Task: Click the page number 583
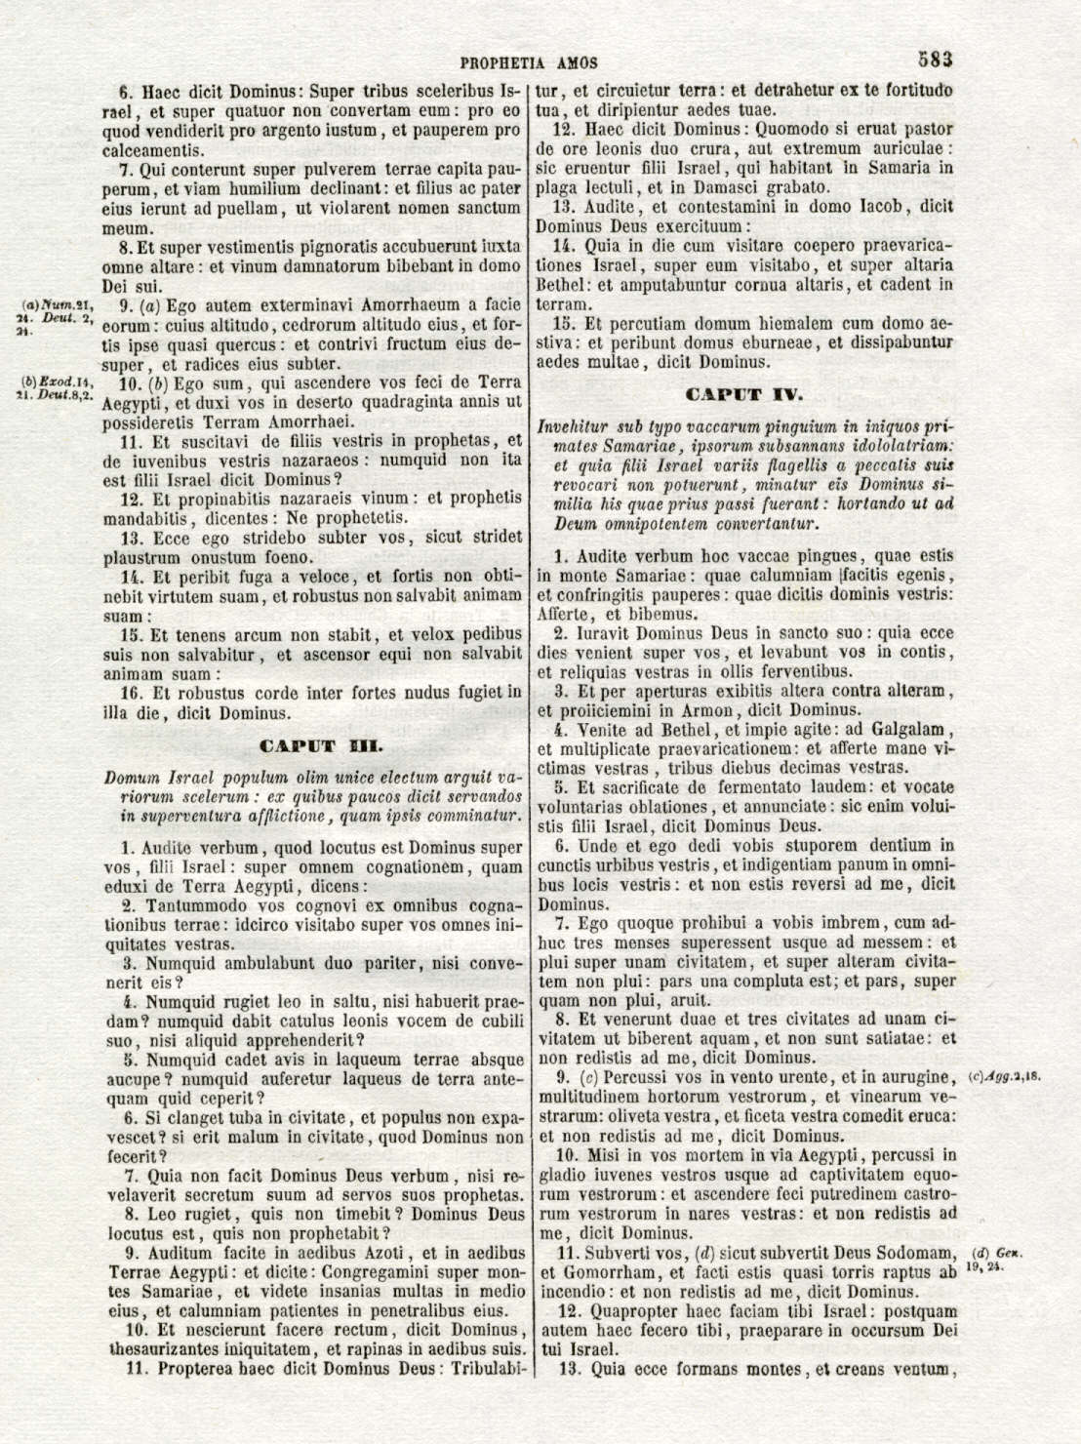[934, 59]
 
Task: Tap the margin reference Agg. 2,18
[1005, 1077]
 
